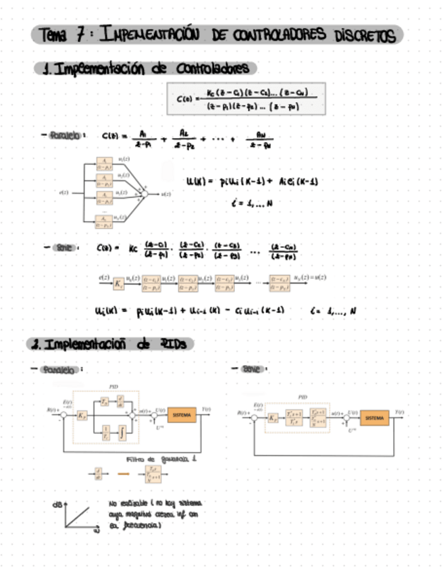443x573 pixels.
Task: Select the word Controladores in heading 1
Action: pos(213,68)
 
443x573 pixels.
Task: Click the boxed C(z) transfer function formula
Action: pos(246,99)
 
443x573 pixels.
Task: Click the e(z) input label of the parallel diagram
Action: pos(64,193)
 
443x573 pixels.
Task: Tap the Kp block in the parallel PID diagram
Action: pos(82,415)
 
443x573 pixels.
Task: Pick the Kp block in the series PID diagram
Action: pos(273,418)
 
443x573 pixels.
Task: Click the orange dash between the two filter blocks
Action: pos(123,474)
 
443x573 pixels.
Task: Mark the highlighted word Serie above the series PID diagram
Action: pos(255,369)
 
